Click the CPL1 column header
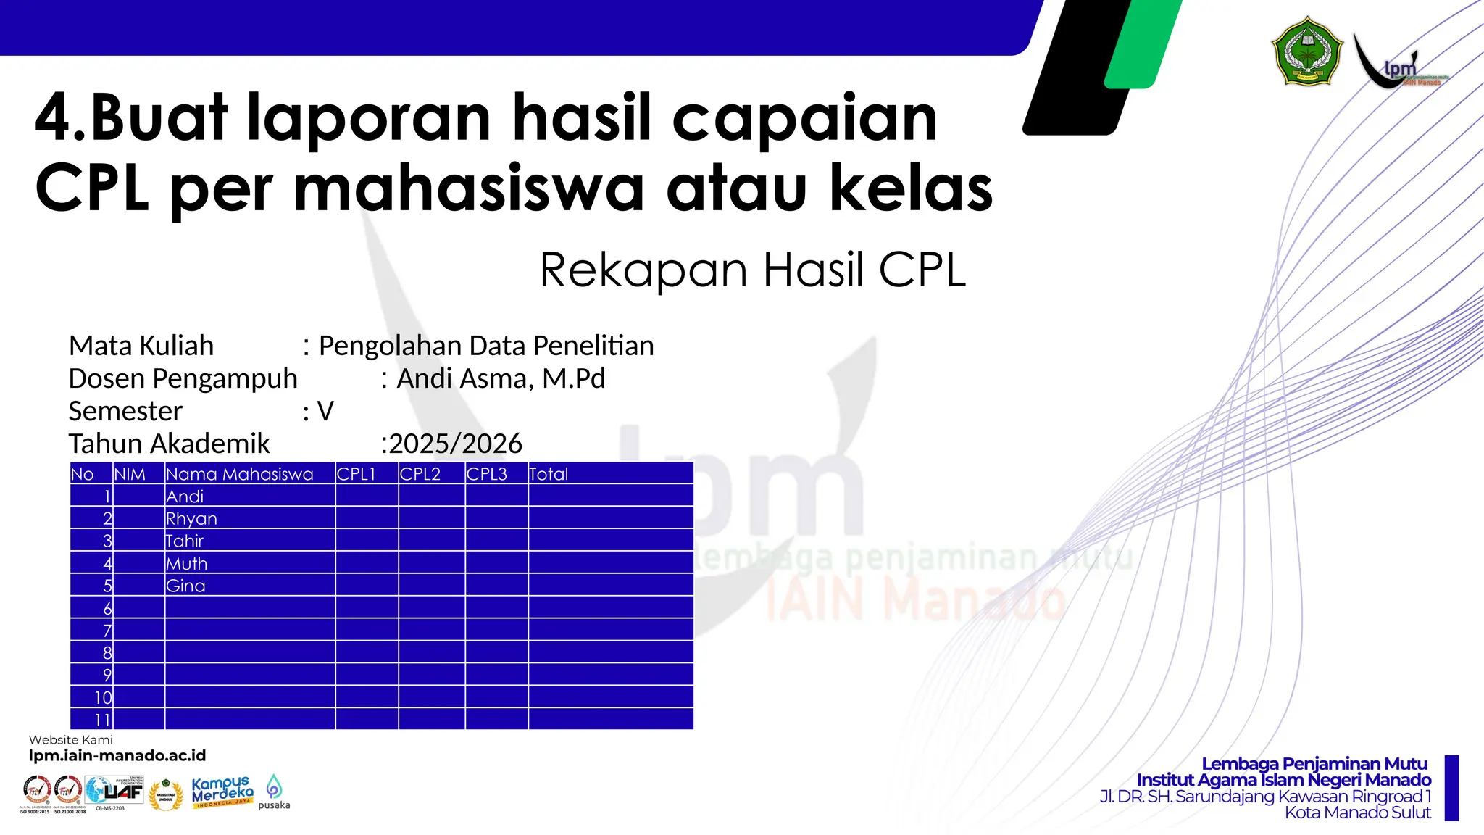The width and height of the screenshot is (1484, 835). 357,474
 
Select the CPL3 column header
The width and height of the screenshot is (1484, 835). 487,474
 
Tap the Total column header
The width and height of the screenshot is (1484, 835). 549,474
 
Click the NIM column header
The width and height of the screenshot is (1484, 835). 130,474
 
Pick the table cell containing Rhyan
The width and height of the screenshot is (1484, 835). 191,518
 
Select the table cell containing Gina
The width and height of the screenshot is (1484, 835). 185,586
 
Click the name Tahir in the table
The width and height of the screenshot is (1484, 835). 185,541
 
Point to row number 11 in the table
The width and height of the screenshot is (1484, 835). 102,720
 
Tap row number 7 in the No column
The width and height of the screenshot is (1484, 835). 107,630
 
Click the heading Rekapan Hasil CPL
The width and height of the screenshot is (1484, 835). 753,270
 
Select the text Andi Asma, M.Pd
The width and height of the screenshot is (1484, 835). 501,378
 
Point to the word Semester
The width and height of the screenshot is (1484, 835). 125,411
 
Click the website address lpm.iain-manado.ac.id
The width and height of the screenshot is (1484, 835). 117,755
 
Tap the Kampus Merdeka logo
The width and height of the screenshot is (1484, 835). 222,792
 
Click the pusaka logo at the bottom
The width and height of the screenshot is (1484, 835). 274,792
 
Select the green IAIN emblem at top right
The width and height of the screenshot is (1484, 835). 1307,52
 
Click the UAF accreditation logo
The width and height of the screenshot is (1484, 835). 114,792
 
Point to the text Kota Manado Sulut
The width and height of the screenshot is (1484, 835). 1357,813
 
